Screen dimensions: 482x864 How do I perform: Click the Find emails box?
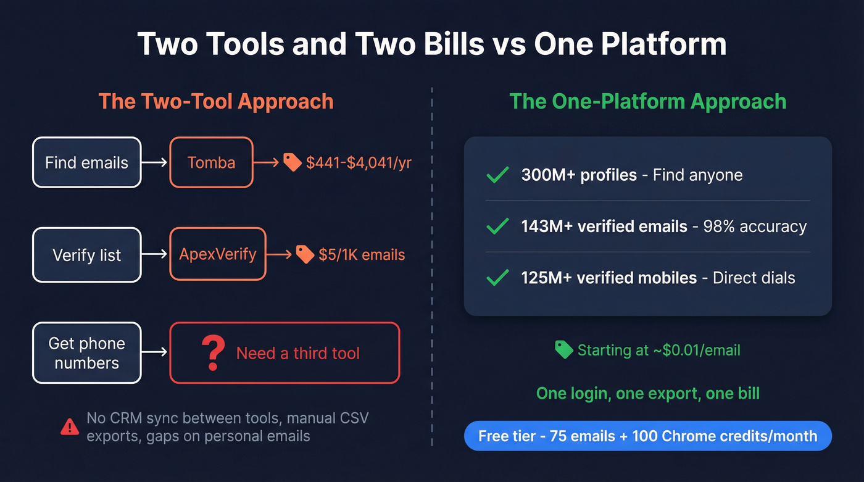click(x=86, y=162)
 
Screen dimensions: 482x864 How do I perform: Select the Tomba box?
click(x=211, y=162)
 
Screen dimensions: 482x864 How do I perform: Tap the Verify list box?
click(x=86, y=255)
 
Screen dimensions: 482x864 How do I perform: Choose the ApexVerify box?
click(x=217, y=254)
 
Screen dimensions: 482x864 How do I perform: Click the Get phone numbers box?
click(x=86, y=353)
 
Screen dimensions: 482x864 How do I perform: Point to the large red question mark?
click(x=213, y=353)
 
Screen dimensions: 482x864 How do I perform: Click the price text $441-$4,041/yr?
click(x=359, y=163)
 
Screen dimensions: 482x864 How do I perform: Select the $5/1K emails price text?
click(x=362, y=254)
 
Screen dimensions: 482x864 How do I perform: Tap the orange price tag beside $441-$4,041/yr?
click(x=292, y=162)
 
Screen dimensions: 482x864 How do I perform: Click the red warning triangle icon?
click(x=70, y=426)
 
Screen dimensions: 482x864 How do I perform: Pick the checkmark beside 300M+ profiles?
click(x=497, y=175)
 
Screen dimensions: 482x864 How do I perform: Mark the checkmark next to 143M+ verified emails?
click(x=497, y=226)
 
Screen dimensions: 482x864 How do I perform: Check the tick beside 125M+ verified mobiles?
click(x=497, y=278)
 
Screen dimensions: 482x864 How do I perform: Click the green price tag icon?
click(x=563, y=350)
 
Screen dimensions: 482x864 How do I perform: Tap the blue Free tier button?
click(x=647, y=436)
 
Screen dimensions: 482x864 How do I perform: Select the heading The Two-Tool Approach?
click(x=216, y=101)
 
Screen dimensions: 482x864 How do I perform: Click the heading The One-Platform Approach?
click(x=647, y=101)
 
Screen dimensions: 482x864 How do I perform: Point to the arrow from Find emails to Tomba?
click(x=155, y=162)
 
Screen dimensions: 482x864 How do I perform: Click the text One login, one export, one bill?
click(x=647, y=393)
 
